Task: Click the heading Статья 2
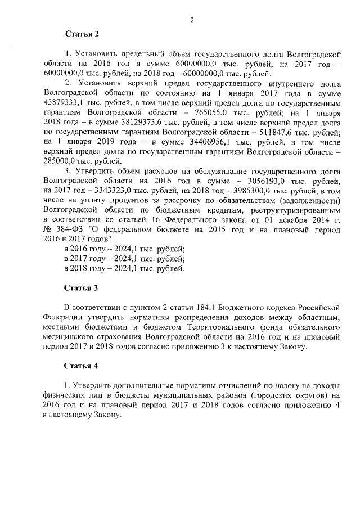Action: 82,34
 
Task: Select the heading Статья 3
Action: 82,288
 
